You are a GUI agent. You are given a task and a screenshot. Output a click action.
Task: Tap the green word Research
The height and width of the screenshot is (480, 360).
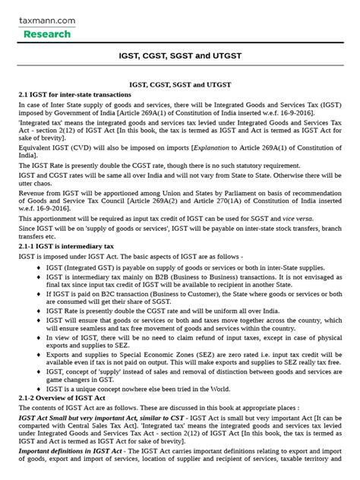[x=47, y=34]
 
